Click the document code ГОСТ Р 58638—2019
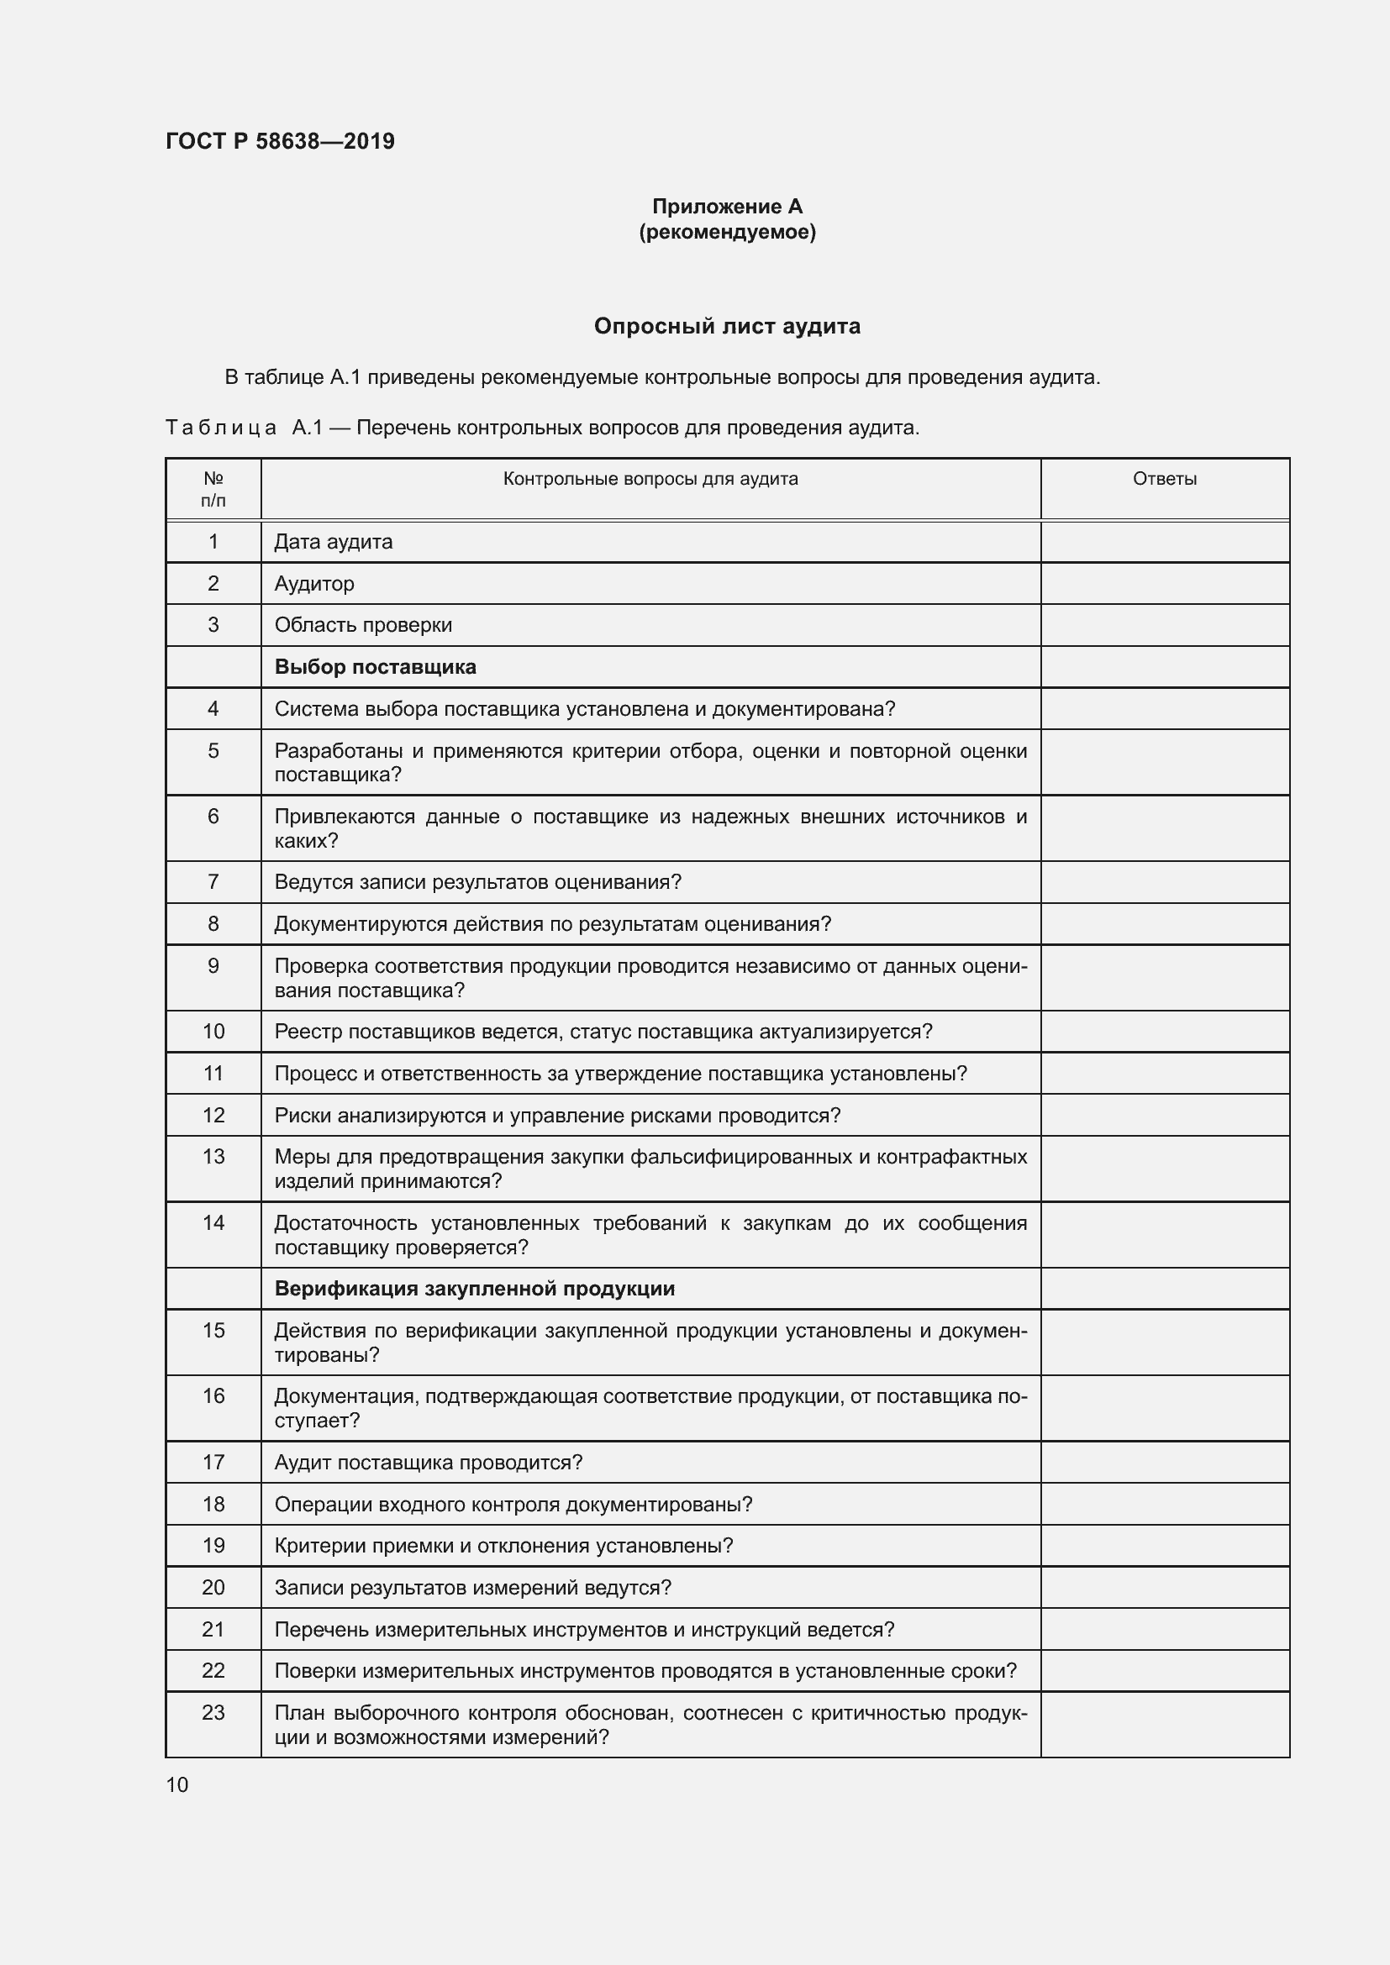(x=280, y=141)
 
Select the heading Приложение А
(x=727, y=207)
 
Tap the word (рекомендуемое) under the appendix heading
(x=727, y=232)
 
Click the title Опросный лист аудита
(x=727, y=326)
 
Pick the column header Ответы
(x=1164, y=479)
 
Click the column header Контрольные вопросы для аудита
(x=650, y=479)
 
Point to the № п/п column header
(x=213, y=490)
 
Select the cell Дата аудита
(x=333, y=542)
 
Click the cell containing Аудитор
(x=314, y=584)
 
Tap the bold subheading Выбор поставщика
(x=375, y=667)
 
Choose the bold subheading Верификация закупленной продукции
(x=474, y=1289)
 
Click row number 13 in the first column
(x=213, y=1157)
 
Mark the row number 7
(x=213, y=882)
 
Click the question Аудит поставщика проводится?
(x=428, y=1463)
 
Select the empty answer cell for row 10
(x=1164, y=1032)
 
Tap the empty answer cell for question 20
(x=1164, y=1588)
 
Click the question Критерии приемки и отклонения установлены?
(x=503, y=1546)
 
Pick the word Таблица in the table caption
(x=221, y=428)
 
